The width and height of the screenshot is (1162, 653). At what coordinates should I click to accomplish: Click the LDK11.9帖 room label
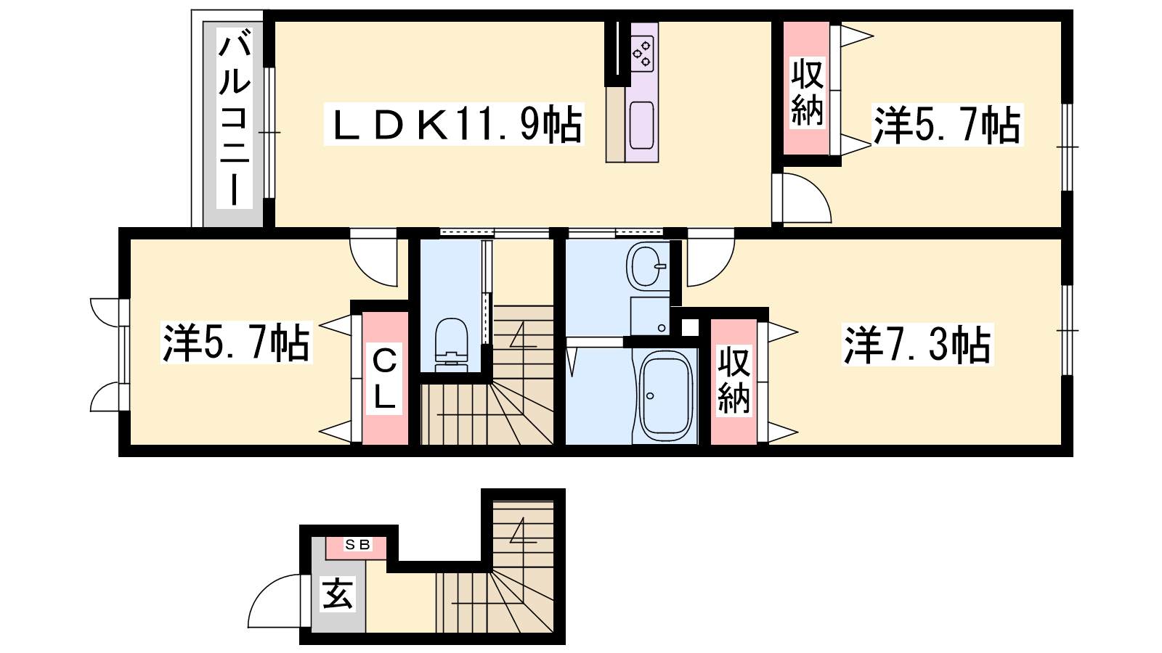tap(455, 124)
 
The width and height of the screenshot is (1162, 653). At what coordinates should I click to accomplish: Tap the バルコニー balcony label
tap(235, 119)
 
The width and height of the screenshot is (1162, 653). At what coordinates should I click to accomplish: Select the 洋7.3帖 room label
tap(917, 345)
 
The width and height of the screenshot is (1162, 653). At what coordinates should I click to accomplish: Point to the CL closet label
tap(384, 379)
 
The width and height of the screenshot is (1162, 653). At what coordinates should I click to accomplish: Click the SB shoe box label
tap(357, 545)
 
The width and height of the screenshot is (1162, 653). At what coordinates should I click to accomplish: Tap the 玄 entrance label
tap(338, 594)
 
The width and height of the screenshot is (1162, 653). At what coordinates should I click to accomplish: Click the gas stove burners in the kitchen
tap(642, 54)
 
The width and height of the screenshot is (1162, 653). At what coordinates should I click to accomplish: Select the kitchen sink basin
tap(642, 126)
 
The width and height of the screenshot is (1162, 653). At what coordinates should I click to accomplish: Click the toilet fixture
tap(452, 344)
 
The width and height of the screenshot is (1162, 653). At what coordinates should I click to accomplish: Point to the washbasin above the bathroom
tap(647, 266)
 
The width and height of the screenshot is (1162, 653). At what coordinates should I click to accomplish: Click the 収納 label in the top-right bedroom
tap(807, 93)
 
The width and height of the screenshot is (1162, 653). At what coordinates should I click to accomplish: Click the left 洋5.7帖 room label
tap(237, 342)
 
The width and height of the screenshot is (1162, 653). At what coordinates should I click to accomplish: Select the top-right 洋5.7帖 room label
tap(947, 125)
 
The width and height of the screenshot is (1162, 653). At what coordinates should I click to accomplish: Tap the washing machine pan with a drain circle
tap(650, 316)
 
